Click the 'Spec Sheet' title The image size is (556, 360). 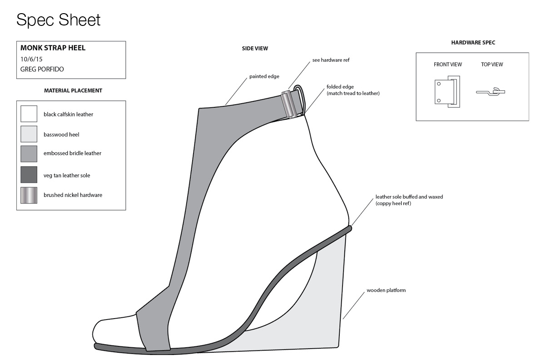(58, 20)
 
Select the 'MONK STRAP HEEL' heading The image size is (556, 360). (53, 48)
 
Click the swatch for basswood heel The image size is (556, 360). (29, 134)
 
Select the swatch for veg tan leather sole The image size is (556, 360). (29, 175)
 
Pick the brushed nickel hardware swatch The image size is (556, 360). (29, 195)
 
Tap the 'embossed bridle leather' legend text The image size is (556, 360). (72, 154)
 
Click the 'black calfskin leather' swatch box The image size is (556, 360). (29, 114)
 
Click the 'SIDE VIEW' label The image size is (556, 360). (255, 49)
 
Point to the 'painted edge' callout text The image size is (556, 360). (264, 77)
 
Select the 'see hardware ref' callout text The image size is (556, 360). (331, 60)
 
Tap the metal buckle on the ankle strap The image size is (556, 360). (288, 105)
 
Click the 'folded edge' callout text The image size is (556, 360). (340, 87)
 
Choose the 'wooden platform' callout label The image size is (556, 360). (386, 290)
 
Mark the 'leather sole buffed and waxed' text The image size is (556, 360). (409, 197)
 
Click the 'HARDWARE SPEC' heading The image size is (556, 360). (473, 43)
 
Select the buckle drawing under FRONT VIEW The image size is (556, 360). (447, 92)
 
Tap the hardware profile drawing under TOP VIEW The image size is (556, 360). (491, 92)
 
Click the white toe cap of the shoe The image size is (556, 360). (114, 330)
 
